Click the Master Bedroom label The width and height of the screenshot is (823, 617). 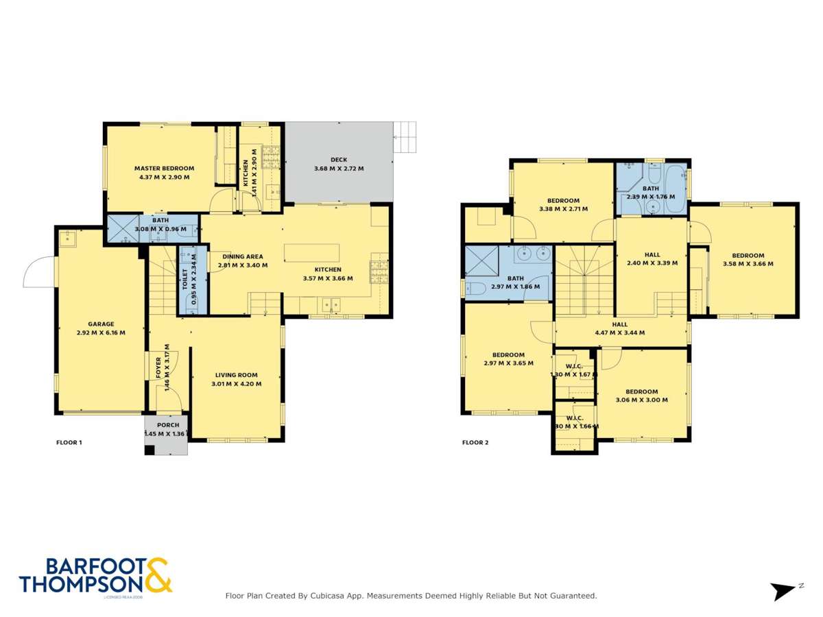pyautogui.click(x=164, y=168)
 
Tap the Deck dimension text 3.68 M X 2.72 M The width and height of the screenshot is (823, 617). pyautogui.click(x=339, y=169)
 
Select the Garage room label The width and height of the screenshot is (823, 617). pyautogui.click(x=101, y=324)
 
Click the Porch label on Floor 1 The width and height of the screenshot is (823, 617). pyautogui.click(x=168, y=425)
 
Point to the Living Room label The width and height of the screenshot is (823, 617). pyautogui.click(x=236, y=375)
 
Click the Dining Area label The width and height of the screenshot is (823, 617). pyautogui.click(x=243, y=256)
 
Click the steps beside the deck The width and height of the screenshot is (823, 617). pyautogui.click(x=405, y=137)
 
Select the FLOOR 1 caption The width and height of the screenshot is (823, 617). pyautogui.click(x=69, y=443)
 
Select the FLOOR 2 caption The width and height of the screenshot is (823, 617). pyautogui.click(x=475, y=443)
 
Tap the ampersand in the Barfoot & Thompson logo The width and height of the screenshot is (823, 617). pyautogui.click(x=158, y=574)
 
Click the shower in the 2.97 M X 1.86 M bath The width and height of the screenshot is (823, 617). pyautogui.click(x=480, y=261)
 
